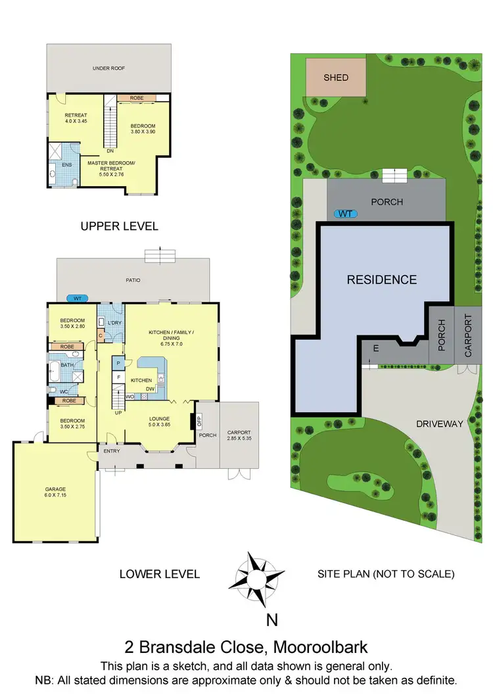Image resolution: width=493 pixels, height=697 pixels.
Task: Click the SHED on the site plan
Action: (336, 78)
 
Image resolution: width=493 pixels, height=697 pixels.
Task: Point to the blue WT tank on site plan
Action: (344, 214)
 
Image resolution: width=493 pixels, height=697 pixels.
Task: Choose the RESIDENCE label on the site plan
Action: (381, 279)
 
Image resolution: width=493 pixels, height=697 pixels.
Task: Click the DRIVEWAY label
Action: (440, 424)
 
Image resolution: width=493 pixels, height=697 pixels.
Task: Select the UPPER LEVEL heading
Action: (119, 226)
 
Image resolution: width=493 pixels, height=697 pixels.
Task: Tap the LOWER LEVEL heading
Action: (159, 574)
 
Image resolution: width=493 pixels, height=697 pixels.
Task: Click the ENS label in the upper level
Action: (66, 165)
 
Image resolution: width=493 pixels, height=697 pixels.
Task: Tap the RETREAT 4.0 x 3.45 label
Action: (76, 118)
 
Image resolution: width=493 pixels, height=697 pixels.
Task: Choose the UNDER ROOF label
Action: (108, 68)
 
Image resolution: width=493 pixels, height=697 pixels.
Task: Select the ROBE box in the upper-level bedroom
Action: (137, 98)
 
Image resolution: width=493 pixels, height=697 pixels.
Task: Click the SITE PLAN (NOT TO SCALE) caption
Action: (386, 574)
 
